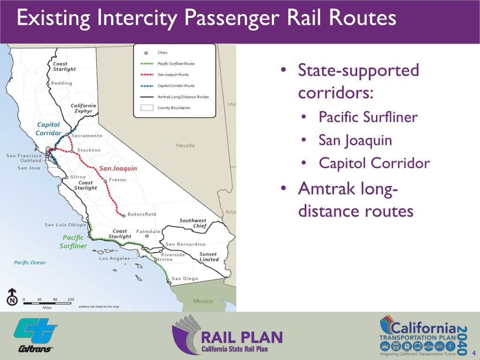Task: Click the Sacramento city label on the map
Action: click(x=87, y=135)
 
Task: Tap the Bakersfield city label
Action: click(x=142, y=214)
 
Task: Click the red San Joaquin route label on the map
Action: click(x=118, y=168)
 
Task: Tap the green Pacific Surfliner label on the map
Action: click(x=73, y=241)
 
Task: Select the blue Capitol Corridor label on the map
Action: click(x=48, y=128)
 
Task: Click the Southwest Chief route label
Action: click(x=193, y=223)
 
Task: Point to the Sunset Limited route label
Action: click(x=209, y=256)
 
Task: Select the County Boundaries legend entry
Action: click(x=173, y=107)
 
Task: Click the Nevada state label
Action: click(x=185, y=145)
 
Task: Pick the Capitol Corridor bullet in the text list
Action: click(x=374, y=163)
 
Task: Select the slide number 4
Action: click(x=474, y=353)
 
